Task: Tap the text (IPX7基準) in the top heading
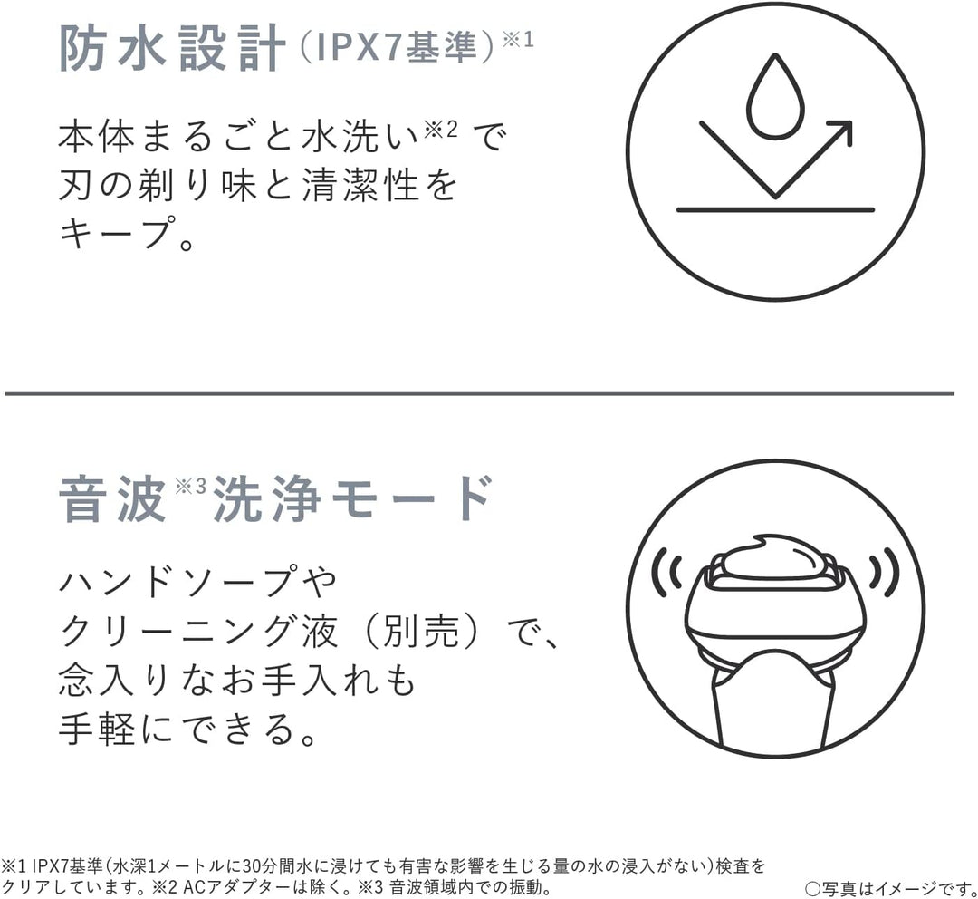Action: click(398, 47)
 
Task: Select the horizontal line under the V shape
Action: click(775, 210)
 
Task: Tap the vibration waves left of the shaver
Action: click(666, 571)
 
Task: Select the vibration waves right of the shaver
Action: click(885, 571)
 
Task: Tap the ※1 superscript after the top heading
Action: click(518, 40)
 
